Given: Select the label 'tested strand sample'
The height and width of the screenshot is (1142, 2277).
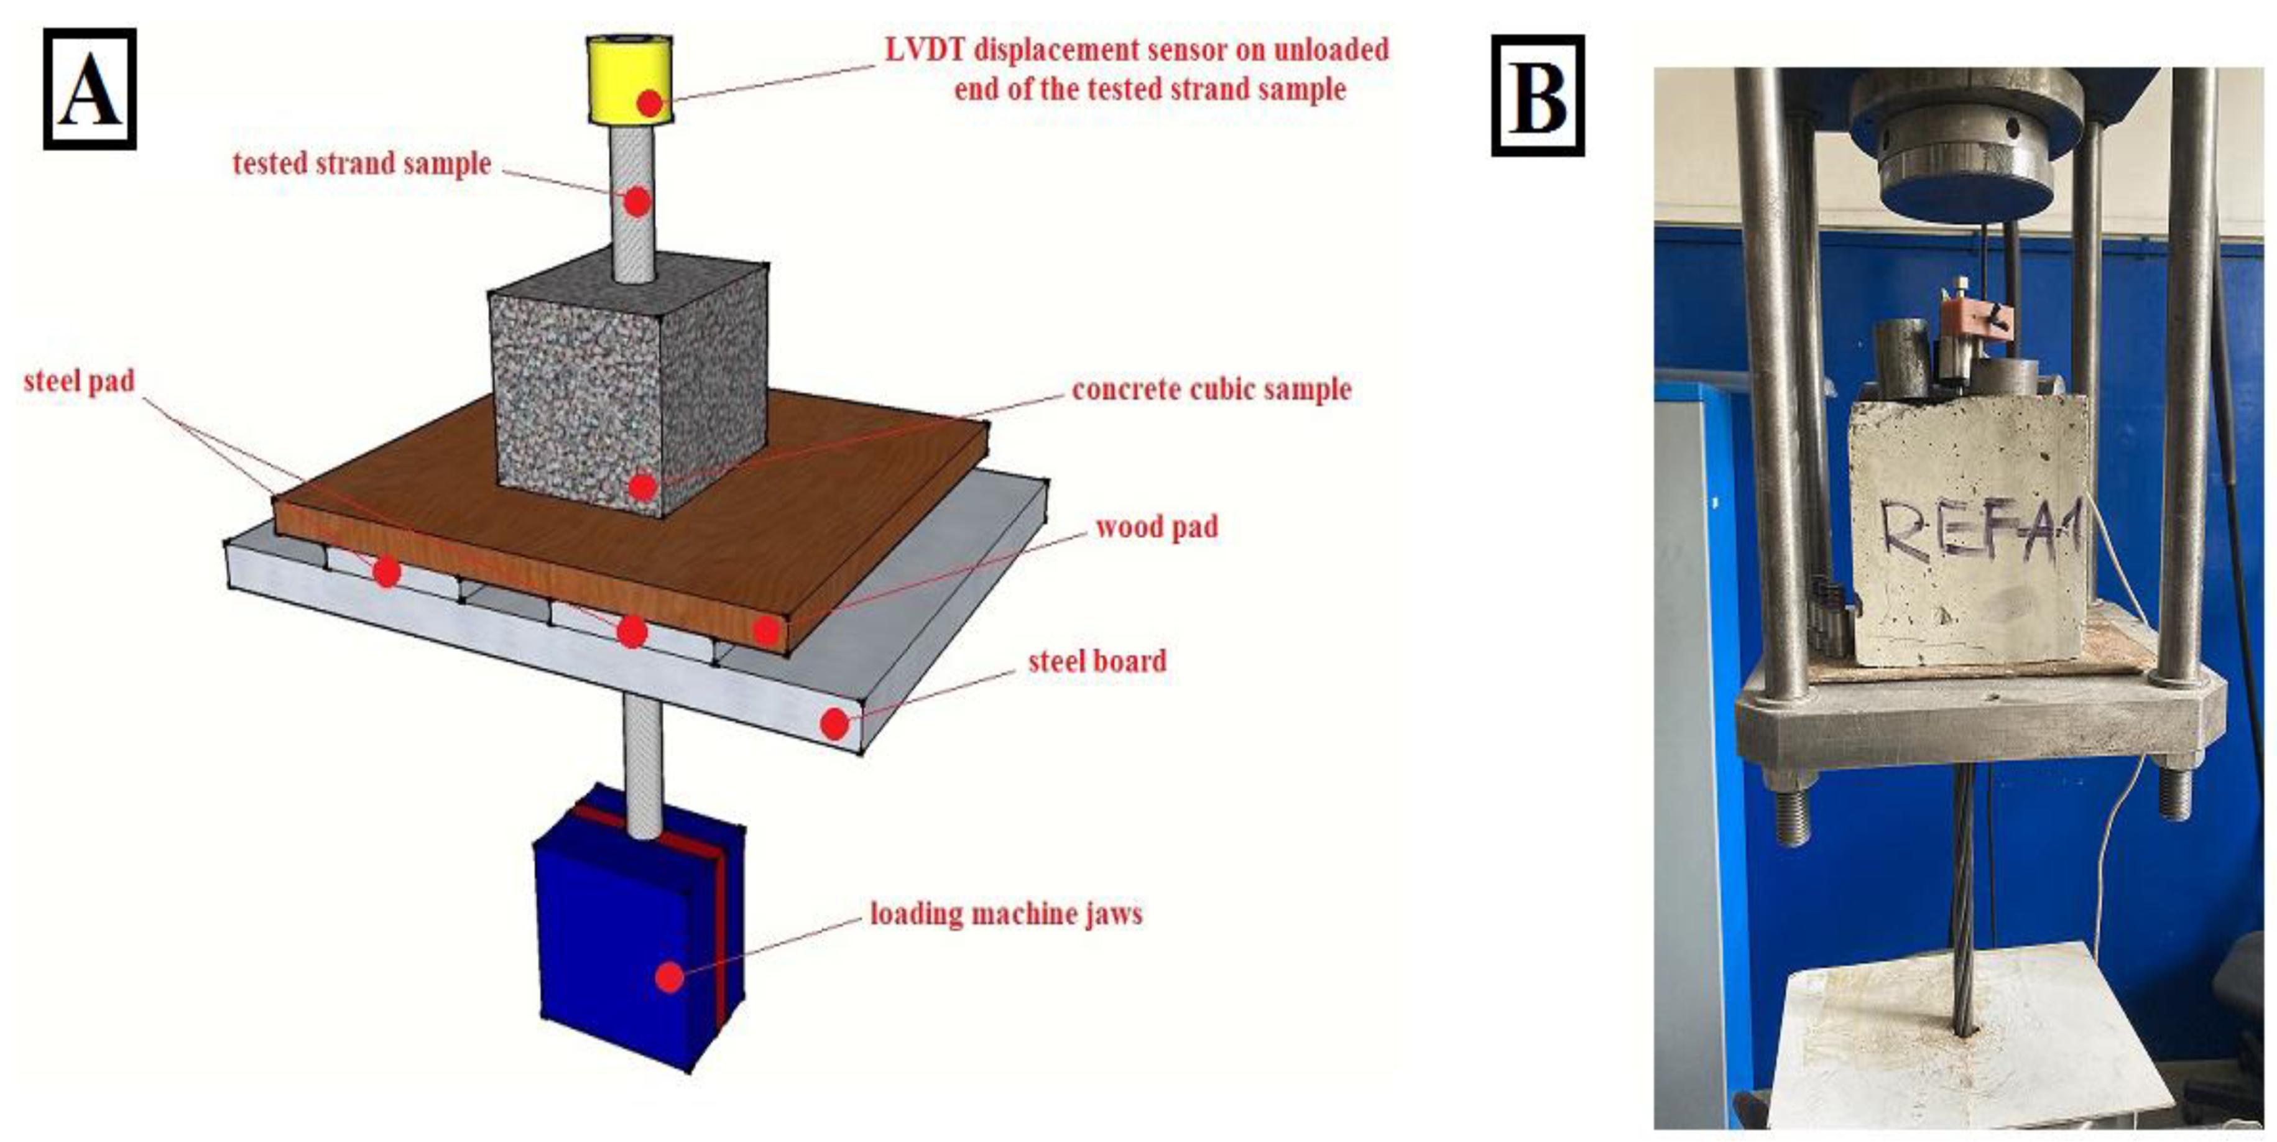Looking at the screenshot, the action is pyautogui.click(x=361, y=163).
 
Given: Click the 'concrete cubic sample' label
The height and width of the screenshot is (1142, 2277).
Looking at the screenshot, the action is pyautogui.click(x=1211, y=389).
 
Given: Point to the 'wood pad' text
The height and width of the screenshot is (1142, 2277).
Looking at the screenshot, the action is pyautogui.click(x=1156, y=528).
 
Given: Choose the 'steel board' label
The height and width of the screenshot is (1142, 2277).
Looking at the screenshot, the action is pyautogui.click(x=1097, y=661).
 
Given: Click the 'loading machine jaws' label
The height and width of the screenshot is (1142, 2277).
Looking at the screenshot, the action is pyautogui.click(x=1006, y=913).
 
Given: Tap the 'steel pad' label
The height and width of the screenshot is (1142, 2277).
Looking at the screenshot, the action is pyautogui.click(x=80, y=381).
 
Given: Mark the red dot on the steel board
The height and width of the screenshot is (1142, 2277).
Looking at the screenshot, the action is pyautogui.click(x=834, y=724).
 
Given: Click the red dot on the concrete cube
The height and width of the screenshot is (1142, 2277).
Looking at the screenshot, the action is pyautogui.click(x=644, y=486).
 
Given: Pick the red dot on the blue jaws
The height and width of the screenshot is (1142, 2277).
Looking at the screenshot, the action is pyautogui.click(x=670, y=977).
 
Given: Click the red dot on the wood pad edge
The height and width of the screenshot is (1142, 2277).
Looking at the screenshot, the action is pyautogui.click(x=767, y=630).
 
